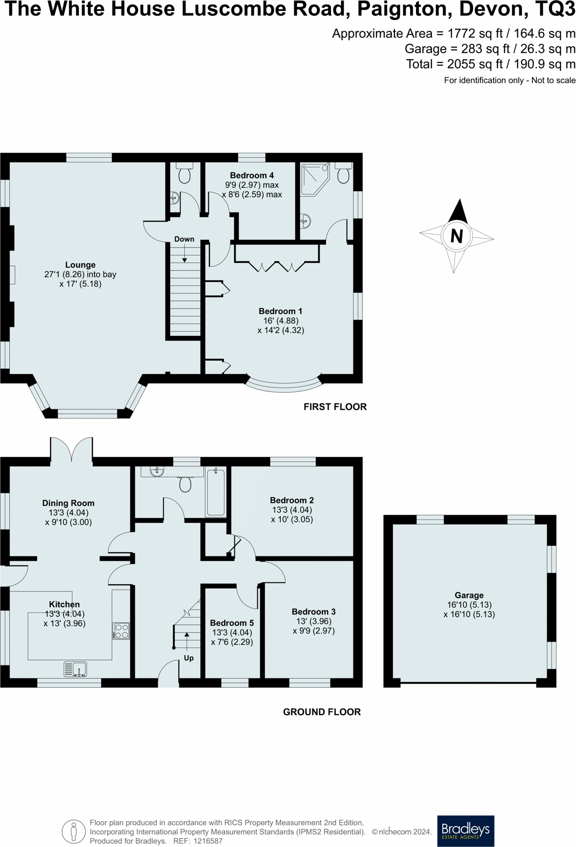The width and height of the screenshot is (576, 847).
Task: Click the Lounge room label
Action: pos(80,265)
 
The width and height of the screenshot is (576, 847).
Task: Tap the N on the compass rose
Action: pos(456,236)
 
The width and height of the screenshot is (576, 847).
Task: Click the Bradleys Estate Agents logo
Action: pos(466,831)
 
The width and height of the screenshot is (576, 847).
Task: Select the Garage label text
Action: pos(469,595)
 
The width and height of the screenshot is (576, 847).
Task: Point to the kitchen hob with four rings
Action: pos(121,631)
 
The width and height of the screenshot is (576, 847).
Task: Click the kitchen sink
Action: pos(75,669)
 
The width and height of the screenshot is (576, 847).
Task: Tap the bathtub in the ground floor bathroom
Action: pos(215,491)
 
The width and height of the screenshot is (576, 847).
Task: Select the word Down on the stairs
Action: pos(184,239)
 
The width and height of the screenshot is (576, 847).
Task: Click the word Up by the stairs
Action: pos(189,658)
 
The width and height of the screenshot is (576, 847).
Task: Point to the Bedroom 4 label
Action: pos(251,175)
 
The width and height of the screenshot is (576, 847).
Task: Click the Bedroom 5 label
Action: pos(232,623)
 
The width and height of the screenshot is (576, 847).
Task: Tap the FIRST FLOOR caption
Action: pos(335,407)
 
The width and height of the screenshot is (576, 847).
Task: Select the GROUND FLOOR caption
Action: pos(322,711)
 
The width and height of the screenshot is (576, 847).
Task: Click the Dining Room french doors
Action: pos(72,450)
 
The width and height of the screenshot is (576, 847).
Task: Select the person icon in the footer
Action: pos(74,831)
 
